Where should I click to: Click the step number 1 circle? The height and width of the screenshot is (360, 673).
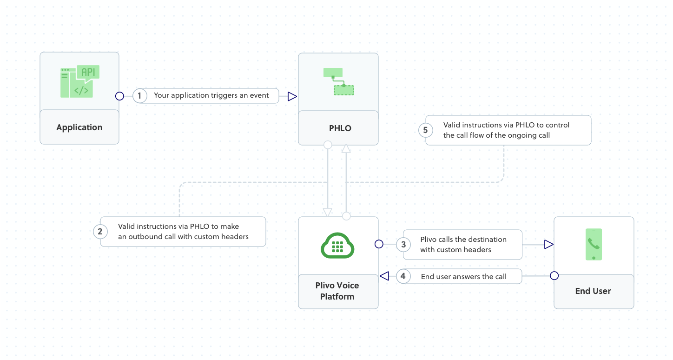[x=139, y=96]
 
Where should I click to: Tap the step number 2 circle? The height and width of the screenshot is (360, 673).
[x=100, y=231]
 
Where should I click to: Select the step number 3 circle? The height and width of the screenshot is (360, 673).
[x=403, y=244]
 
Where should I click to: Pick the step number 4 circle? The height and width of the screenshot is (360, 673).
[x=403, y=276]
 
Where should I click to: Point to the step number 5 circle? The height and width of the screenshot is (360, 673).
[x=425, y=130]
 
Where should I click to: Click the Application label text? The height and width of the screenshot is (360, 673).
[x=79, y=127]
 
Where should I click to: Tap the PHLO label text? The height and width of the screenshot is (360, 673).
[x=340, y=128]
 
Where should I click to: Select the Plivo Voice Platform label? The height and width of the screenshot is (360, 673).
[x=337, y=291]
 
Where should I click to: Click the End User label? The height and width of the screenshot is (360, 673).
[x=593, y=291]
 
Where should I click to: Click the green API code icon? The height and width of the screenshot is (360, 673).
[x=80, y=82]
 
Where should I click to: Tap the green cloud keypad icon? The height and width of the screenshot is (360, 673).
[x=338, y=245]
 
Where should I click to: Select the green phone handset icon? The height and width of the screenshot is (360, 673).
[x=594, y=244]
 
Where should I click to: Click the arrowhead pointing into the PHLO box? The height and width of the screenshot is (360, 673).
[x=292, y=96]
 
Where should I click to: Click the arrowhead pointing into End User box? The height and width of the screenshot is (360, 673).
[x=548, y=244]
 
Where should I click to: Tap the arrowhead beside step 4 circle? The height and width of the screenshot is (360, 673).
[x=384, y=276]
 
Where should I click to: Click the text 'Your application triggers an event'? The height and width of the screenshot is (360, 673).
[x=211, y=95]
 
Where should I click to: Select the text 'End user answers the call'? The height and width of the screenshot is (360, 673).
[x=463, y=276]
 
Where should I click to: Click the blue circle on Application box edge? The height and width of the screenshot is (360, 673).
[x=119, y=96]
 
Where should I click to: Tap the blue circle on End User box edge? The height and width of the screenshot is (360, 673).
[x=554, y=276]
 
